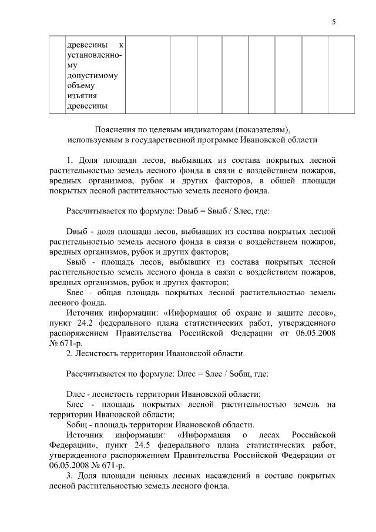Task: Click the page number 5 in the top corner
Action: click(334, 22)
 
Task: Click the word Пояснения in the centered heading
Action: click(114, 129)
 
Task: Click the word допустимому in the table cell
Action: click(93, 75)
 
